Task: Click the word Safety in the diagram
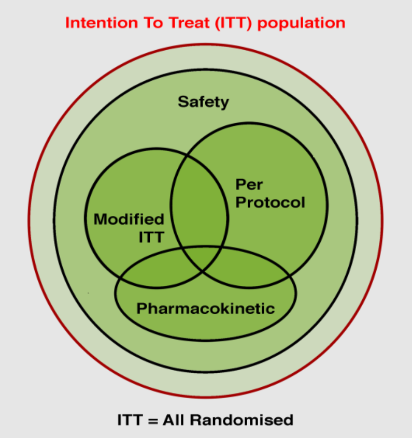pyautogui.click(x=203, y=102)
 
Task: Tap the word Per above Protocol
pyautogui.click(x=249, y=185)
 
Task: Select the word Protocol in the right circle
pyautogui.click(x=270, y=202)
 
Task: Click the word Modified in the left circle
pyautogui.click(x=129, y=219)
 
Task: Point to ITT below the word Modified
pyautogui.click(x=151, y=237)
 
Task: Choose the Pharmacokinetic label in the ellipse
pyautogui.click(x=206, y=309)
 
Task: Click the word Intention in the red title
pyautogui.click(x=102, y=23)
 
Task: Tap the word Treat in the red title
pyautogui.click(x=189, y=23)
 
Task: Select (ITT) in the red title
pyautogui.click(x=234, y=23)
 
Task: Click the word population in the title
pyautogui.click(x=301, y=23)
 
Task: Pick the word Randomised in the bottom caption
pyautogui.click(x=242, y=420)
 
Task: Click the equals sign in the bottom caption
pyautogui.click(x=153, y=420)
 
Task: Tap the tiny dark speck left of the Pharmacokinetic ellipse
pyautogui.click(x=89, y=293)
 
